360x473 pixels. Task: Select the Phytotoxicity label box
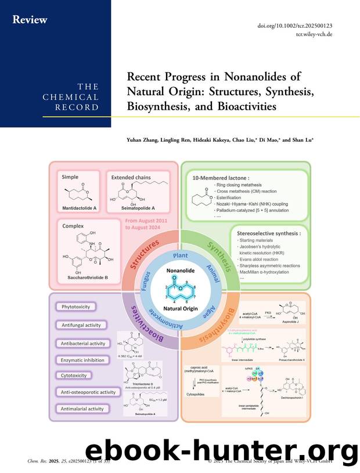pos(76,306)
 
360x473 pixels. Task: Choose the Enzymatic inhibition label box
pos(82,359)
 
